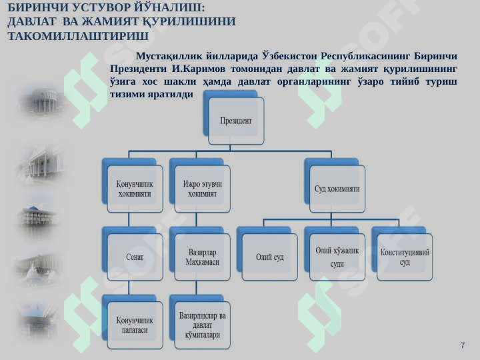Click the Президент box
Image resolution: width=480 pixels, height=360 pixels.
[236, 121]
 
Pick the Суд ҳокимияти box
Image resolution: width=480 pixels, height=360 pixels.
[337, 189]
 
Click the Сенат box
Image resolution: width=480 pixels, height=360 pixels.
[135, 257]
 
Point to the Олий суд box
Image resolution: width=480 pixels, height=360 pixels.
[270, 257]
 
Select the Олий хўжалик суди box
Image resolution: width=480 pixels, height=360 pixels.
[337, 257]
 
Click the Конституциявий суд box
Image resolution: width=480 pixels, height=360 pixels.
[405, 257]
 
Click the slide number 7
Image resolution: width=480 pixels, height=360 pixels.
[462, 345]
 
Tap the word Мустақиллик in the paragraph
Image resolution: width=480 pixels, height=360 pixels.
[169, 55]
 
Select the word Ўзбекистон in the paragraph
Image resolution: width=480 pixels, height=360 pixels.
[289, 55]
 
